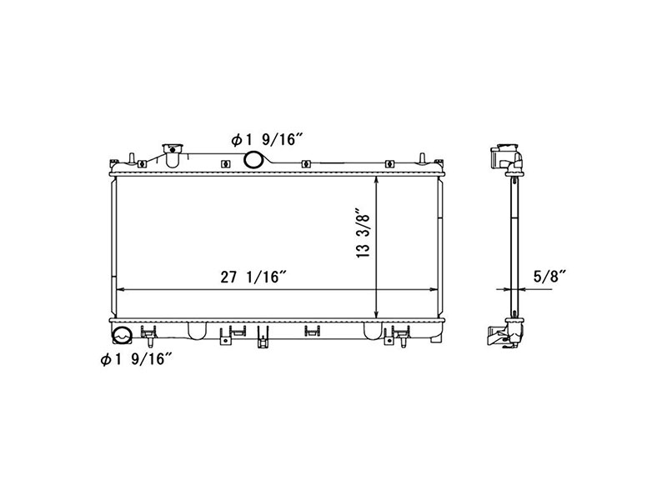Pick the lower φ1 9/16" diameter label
pos(136,359)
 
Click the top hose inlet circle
pos(253,160)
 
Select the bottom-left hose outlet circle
pos(122,337)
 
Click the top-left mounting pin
pos(133,157)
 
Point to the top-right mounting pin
pos(423,157)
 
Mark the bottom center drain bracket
pos(264,337)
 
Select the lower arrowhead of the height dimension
pos(379,313)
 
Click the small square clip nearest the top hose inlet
pos(226,163)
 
